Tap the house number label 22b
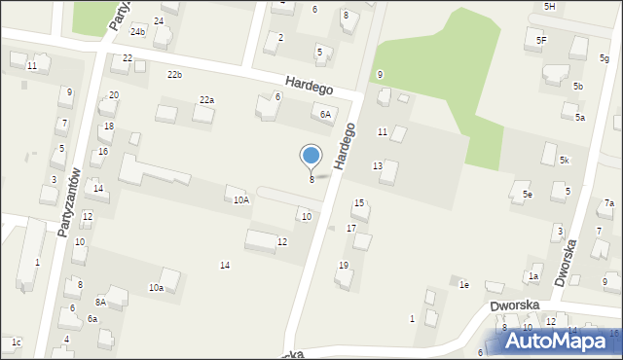click(x=174, y=75)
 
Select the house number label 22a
click(x=206, y=100)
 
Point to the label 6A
click(x=326, y=114)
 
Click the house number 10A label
click(x=240, y=199)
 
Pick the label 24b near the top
click(x=138, y=32)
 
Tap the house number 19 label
click(x=343, y=265)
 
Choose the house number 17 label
click(x=351, y=228)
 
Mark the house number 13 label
click(x=377, y=166)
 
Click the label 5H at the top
click(x=549, y=7)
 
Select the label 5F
click(x=541, y=40)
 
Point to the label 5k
click(x=564, y=160)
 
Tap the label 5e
click(x=527, y=196)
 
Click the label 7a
click(x=608, y=203)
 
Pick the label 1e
click(x=464, y=284)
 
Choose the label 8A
click(x=100, y=303)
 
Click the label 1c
click(x=16, y=342)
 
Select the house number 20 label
click(x=114, y=94)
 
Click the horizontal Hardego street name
click(x=310, y=87)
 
